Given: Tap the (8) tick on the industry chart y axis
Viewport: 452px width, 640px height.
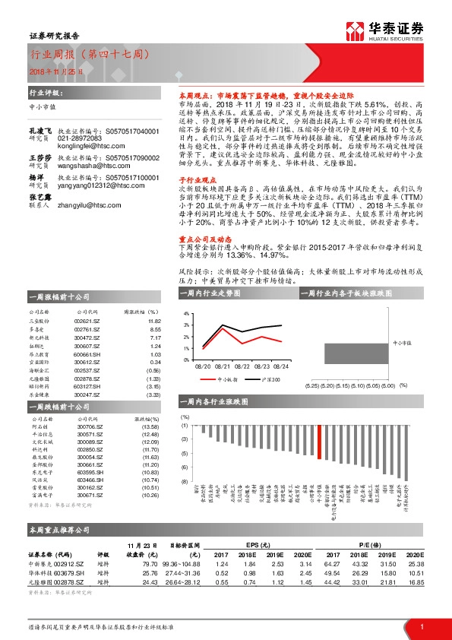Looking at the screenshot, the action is click(x=184, y=482).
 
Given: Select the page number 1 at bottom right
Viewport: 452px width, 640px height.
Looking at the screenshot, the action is click(x=421, y=627).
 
